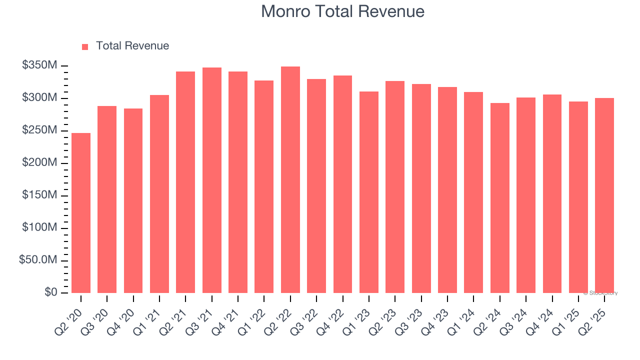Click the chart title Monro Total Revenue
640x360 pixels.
[342, 11]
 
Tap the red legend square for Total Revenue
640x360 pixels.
[85, 46]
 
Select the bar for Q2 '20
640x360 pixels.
[81, 212]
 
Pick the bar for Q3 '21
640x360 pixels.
[212, 180]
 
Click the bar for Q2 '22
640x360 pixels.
[290, 179]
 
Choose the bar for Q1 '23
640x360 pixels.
[369, 192]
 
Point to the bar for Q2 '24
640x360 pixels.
[500, 197]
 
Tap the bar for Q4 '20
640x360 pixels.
[133, 200]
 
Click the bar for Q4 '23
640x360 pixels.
[447, 190]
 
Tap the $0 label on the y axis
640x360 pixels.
[50, 292]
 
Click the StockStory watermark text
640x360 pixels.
[600, 293]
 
